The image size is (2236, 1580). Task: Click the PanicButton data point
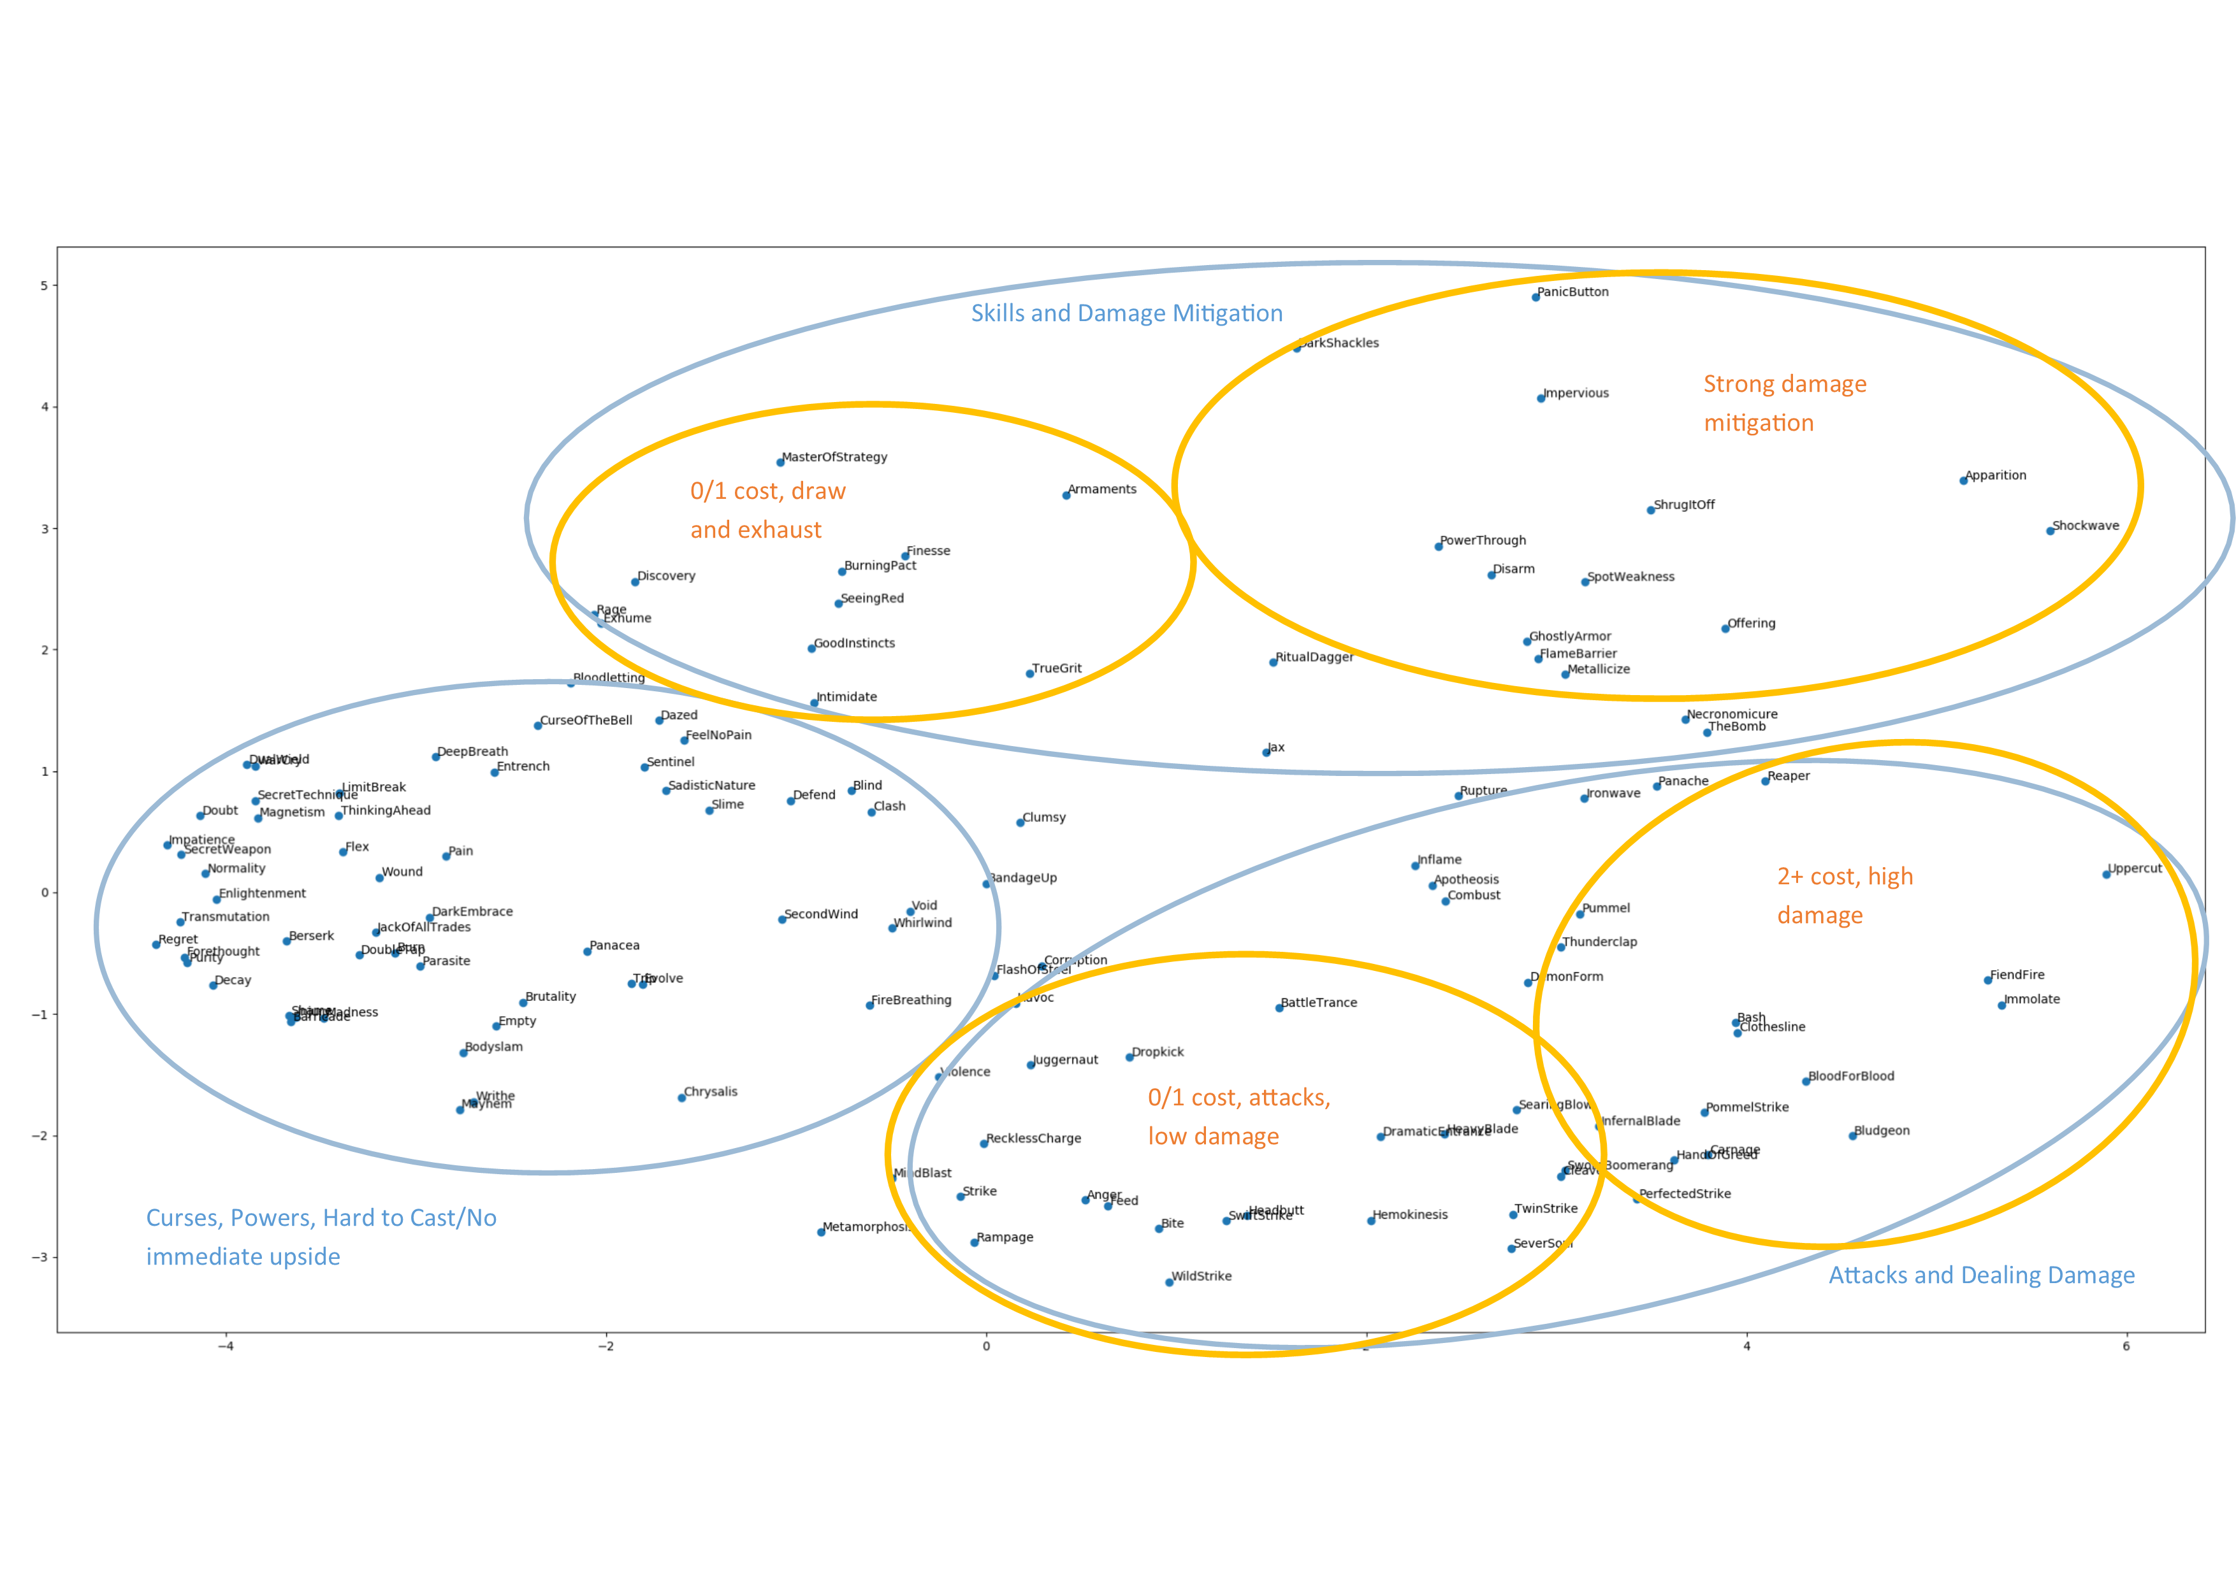[1535, 297]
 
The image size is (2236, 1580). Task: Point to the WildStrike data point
[1170, 1282]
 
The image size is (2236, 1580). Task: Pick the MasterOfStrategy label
[834, 457]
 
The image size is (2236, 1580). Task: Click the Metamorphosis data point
[821, 1232]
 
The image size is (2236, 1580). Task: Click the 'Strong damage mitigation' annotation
[1784, 403]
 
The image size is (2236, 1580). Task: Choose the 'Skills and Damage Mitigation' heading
[1127, 313]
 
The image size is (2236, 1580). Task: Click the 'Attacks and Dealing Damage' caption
[1981, 1275]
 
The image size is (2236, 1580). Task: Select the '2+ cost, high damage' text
[1845, 896]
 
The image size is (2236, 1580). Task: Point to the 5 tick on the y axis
[45, 285]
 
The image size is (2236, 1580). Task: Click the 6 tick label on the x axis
[2126, 1346]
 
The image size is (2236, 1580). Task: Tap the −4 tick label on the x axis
[225, 1346]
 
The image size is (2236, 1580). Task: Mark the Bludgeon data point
[1852, 1136]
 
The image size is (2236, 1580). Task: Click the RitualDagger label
[1315, 657]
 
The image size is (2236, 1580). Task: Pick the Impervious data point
[1541, 398]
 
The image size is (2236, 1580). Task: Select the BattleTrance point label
[1319, 1003]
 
